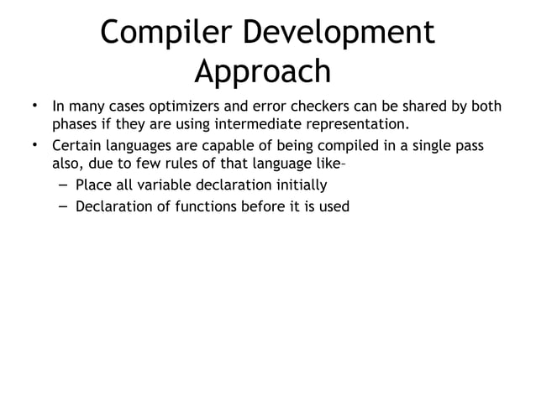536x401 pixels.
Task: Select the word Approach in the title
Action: click(263, 72)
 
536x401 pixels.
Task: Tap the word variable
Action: click(162, 185)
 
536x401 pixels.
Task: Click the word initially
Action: click(298, 185)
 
